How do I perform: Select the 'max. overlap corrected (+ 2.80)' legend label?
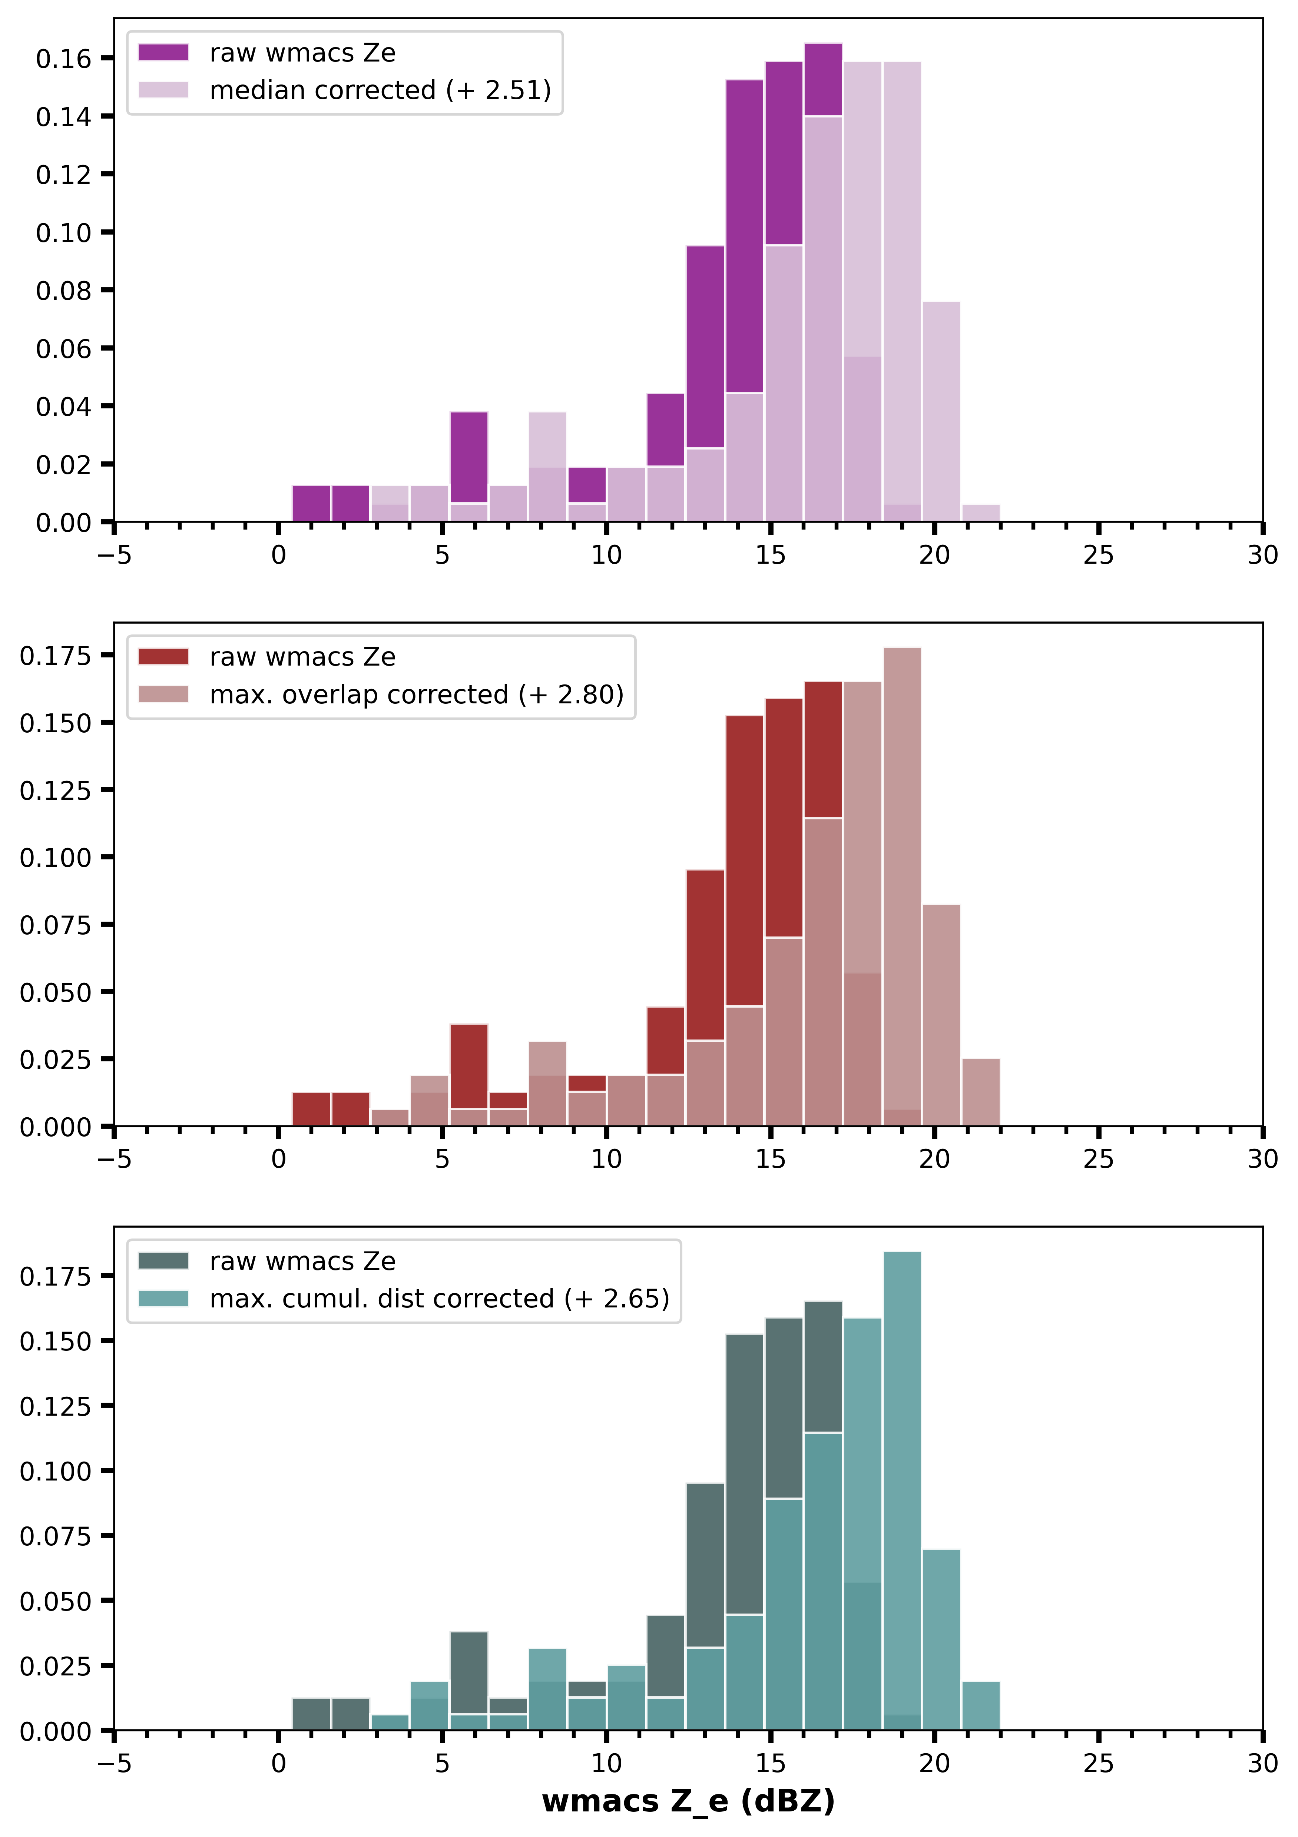click(x=416, y=694)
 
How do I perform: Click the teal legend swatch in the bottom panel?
click(x=163, y=1298)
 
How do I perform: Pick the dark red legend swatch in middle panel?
click(x=163, y=657)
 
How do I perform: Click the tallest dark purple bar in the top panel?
click(x=823, y=80)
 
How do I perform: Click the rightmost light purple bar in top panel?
click(x=980, y=513)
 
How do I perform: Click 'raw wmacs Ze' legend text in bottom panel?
click(x=302, y=1261)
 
